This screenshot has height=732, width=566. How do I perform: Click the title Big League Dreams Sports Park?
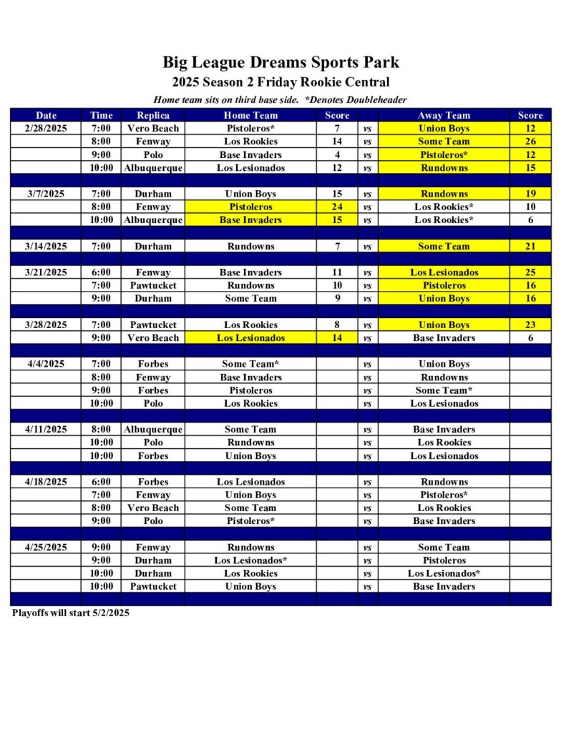pos(280,63)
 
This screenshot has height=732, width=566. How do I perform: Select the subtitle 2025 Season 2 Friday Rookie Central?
pos(280,82)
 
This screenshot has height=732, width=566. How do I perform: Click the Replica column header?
pos(153,115)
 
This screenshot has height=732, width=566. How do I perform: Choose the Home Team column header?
pos(250,115)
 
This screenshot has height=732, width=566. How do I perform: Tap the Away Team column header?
pos(444,115)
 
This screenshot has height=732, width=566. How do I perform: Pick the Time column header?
pos(102,115)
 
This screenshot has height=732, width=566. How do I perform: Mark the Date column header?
pos(47,115)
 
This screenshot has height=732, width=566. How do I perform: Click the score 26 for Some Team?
pos(530,142)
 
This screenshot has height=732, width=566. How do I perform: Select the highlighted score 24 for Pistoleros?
pos(337,207)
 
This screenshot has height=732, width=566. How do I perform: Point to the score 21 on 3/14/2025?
pos(530,247)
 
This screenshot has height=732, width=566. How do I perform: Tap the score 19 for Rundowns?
pos(530,194)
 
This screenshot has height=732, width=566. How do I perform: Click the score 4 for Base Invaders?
pos(337,155)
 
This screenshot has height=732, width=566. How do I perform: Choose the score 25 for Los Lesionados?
pos(530,272)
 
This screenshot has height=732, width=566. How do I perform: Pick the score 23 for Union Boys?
pos(530,325)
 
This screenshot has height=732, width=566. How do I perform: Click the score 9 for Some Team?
pos(337,299)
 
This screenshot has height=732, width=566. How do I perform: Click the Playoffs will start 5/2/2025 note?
pos(71,613)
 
